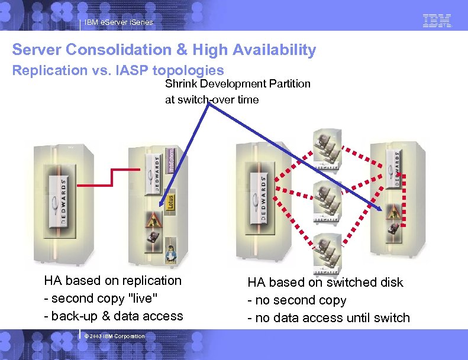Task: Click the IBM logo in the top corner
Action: tap(437, 21)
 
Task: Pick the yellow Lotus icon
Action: tap(169, 201)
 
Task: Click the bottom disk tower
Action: tap(326, 251)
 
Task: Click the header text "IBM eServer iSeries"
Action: tap(118, 22)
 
